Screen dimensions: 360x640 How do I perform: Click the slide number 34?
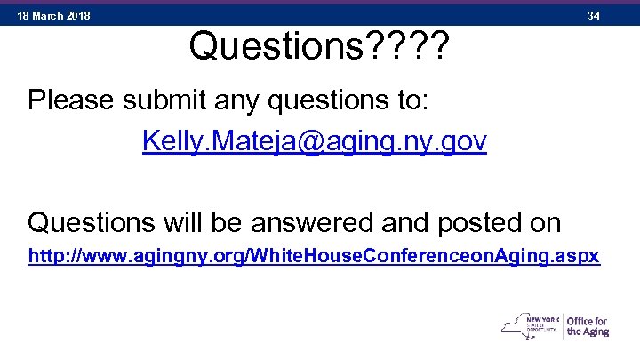[594, 16]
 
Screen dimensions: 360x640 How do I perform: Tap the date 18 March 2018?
[54, 16]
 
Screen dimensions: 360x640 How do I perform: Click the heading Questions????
[318, 47]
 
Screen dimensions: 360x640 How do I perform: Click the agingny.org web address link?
[314, 257]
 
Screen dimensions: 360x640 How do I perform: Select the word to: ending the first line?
[412, 100]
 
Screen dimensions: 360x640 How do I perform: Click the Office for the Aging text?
[588, 327]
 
